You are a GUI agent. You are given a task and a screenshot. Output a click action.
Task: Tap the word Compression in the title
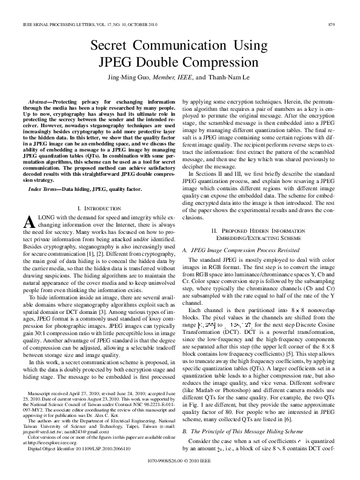219,62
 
